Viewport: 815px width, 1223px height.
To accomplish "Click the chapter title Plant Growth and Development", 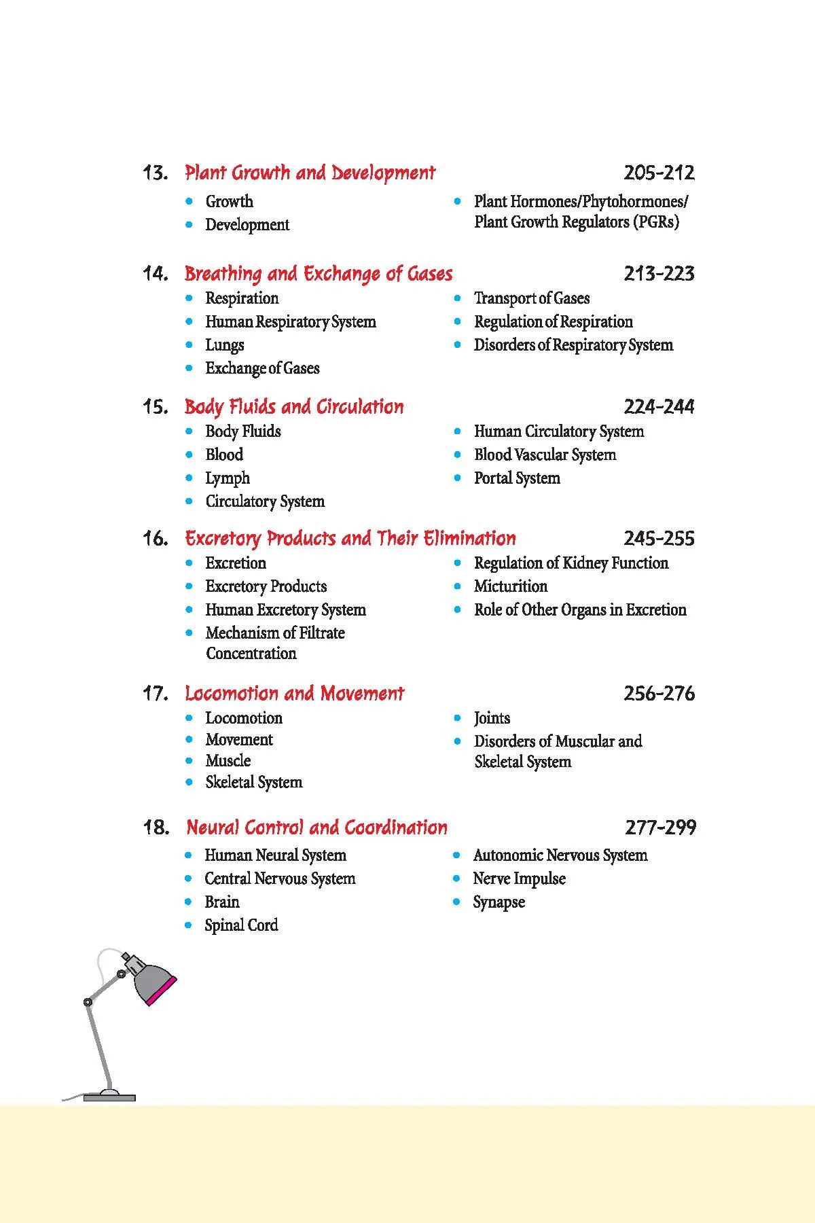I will tap(310, 173).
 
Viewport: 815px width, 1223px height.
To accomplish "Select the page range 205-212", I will tap(659, 173).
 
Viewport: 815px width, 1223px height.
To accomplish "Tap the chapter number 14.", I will tap(155, 274).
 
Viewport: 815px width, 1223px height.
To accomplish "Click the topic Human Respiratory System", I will tap(290, 321).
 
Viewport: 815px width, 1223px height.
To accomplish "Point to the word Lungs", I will tap(225, 345).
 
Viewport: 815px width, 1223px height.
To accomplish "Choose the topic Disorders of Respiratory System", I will tap(573, 345).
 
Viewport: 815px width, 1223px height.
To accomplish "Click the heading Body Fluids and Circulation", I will tap(294, 407).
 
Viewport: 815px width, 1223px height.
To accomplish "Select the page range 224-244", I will tap(659, 407).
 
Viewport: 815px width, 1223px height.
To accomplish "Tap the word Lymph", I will tap(228, 478).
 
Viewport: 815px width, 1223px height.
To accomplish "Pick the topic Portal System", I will tap(517, 478).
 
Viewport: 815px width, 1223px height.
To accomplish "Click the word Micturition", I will tap(510, 586).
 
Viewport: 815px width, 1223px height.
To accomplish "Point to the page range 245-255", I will tap(659, 539).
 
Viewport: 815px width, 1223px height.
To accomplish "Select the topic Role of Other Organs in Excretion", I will tap(580, 609).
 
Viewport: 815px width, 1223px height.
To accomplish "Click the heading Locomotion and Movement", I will tap(294, 694).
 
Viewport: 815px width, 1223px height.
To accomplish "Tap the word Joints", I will tap(492, 718).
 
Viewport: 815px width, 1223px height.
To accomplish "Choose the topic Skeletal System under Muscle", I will tap(253, 783).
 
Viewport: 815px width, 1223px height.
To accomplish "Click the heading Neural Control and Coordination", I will tap(316, 828).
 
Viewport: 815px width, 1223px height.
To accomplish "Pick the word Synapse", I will tap(499, 902).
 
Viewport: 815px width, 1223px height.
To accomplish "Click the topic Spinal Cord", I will tap(241, 925).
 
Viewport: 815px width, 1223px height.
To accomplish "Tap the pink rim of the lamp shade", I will tap(162, 991).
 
